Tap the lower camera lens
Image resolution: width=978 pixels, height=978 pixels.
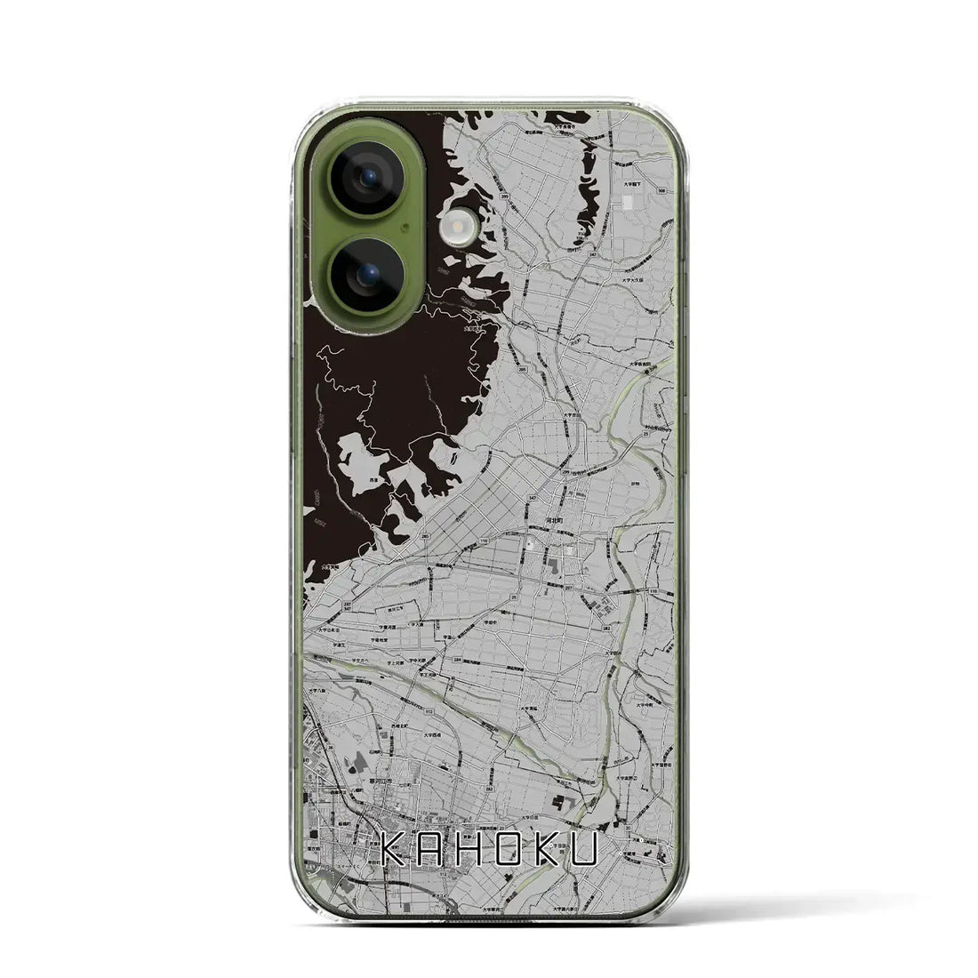[x=367, y=273]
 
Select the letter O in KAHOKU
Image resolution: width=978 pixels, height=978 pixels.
[x=519, y=852]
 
